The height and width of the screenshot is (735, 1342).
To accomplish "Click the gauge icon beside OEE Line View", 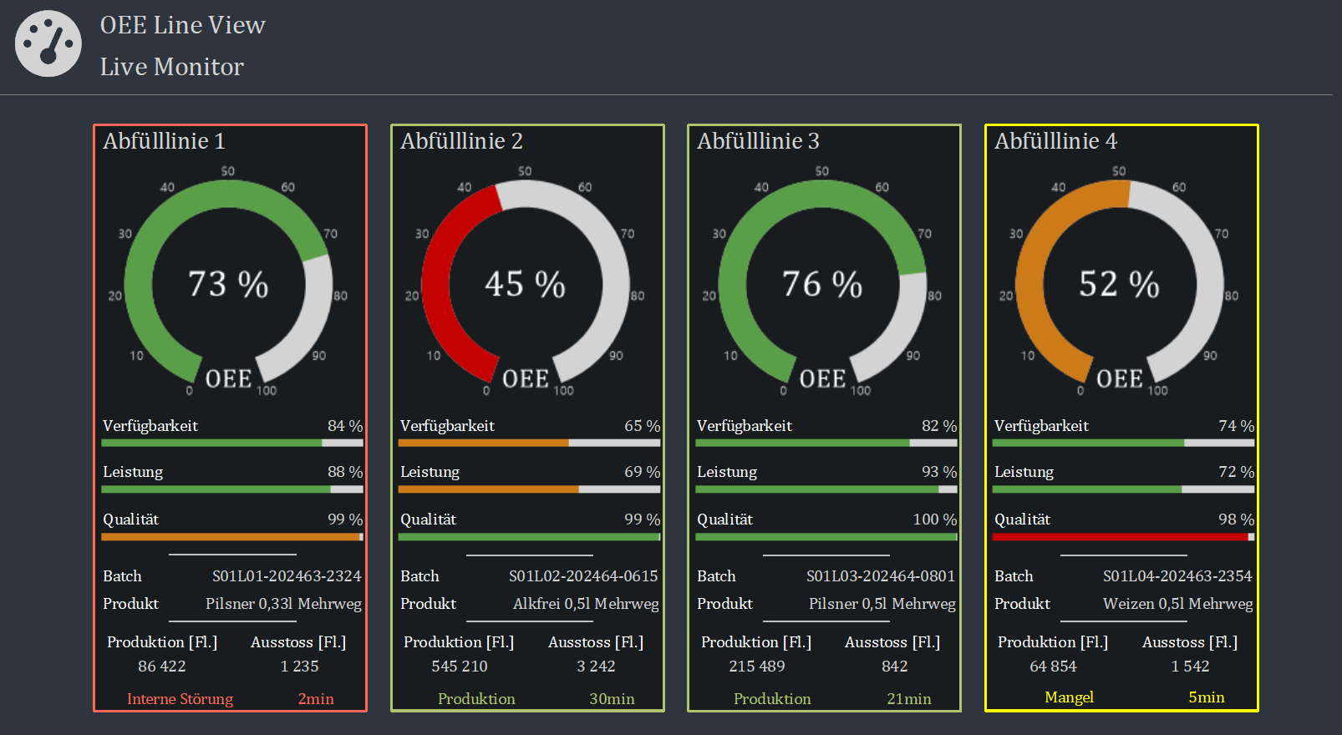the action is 48,43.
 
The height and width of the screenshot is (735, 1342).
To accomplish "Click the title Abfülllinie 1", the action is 164,141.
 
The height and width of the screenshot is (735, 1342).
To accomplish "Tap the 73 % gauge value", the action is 227,284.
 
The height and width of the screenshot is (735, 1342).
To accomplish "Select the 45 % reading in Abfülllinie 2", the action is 525,284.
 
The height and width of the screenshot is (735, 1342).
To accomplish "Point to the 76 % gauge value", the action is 822,284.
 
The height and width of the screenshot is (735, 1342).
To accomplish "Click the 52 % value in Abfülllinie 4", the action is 1119,284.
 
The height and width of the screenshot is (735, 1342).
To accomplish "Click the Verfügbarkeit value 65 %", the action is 643,426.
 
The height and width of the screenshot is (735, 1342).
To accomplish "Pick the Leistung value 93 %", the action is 938,472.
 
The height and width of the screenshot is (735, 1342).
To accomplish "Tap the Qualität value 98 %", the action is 1236,520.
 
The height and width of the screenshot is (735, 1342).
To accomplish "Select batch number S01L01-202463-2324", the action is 287,576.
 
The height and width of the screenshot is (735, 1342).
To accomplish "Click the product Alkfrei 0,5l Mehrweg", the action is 585,604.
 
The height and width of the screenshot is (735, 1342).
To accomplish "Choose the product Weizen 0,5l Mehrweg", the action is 1178,604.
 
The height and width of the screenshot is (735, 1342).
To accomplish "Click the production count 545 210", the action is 460,667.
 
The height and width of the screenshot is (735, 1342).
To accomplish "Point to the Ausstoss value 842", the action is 894,667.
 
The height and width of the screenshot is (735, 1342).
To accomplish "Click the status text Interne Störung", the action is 180,699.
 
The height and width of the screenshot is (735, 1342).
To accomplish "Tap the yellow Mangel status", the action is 1069,697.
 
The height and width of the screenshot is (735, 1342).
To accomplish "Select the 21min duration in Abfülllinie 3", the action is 909,699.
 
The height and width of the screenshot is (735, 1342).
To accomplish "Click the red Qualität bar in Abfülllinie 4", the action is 1121,537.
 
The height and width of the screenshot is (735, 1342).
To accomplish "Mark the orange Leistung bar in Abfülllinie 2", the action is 488,489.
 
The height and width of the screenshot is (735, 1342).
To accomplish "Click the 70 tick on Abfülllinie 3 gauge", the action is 924,234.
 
